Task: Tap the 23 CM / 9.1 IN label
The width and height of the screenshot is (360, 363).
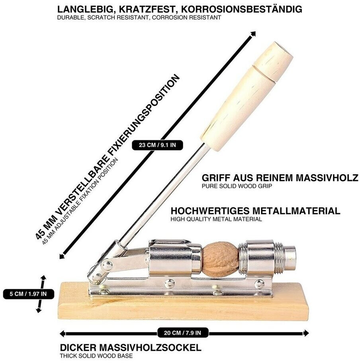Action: click(157, 145)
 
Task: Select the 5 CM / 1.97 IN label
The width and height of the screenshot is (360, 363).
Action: click(28, 294)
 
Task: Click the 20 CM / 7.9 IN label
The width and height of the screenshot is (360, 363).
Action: click(182, 333)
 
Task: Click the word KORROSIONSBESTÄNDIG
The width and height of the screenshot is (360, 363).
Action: click(242, 9)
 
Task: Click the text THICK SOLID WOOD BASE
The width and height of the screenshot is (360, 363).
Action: click(96, 356)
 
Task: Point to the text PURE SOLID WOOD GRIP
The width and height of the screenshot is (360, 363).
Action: click(237, 186)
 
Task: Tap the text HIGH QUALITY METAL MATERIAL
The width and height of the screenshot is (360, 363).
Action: click(216, 219)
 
